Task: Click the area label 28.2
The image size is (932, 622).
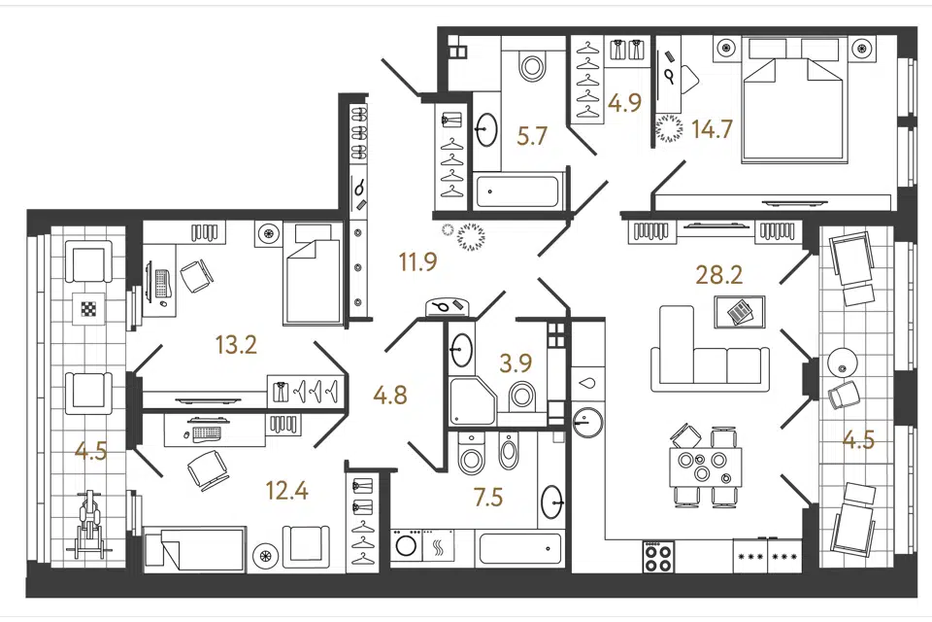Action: [719, 276]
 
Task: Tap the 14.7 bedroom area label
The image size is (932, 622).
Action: [712, 129]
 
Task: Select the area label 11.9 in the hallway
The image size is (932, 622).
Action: [418, 261]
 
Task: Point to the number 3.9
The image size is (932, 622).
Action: [516, 363]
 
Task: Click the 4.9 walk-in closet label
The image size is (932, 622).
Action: [625, 103]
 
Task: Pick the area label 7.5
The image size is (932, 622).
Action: [488, 497]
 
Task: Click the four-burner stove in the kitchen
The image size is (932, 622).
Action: [658, 557]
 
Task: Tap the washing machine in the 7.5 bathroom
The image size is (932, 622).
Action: [406, 545]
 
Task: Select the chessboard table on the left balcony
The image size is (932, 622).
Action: [88, 308]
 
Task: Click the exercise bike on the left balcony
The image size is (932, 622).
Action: [88, 524]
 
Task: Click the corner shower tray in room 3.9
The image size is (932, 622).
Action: [473, 400]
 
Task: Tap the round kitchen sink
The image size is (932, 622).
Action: [588, 422]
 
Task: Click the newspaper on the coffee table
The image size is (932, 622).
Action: [740, 311]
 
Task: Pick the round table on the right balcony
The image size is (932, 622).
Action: [843, 362]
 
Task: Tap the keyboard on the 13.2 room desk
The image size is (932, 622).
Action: [160, 284]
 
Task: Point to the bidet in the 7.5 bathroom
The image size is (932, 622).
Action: [508, 451]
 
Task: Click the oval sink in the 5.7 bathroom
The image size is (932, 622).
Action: [486, 129]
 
